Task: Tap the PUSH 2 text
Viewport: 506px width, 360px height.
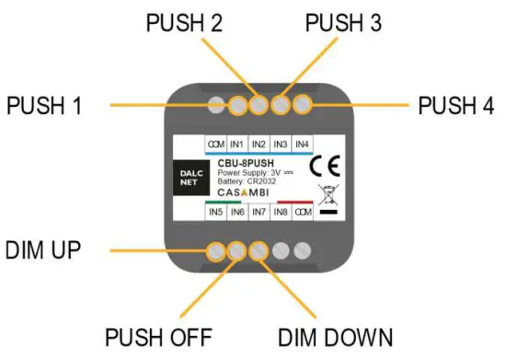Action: point(189,22)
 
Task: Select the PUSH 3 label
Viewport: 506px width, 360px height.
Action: point(343,22)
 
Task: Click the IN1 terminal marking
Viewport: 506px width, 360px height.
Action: point(237,145)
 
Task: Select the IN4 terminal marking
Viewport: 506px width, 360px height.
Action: point(303,145)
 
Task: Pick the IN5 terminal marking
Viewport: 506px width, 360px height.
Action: point(215,213)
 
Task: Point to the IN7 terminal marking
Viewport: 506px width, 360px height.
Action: point(259,213)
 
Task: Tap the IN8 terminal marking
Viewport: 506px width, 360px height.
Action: point(282,213)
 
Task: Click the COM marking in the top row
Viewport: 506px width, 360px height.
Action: point(215,145)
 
